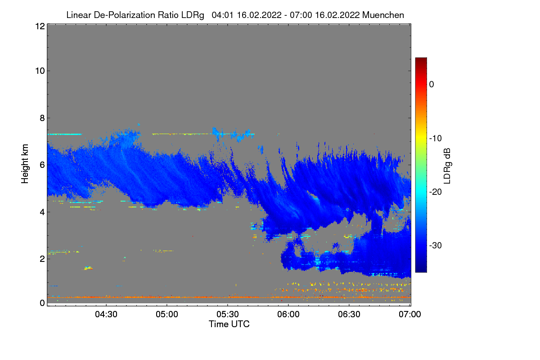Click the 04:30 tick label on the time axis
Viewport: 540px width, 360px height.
106,315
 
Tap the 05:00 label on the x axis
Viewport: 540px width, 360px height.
167,315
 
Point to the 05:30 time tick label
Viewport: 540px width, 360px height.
228,315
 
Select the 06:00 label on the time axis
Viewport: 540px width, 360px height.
288,315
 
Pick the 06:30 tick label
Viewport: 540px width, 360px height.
349,315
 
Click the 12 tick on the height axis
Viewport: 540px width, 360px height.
39,27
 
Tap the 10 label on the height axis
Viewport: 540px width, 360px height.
39,71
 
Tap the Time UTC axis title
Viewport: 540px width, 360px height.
229,324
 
